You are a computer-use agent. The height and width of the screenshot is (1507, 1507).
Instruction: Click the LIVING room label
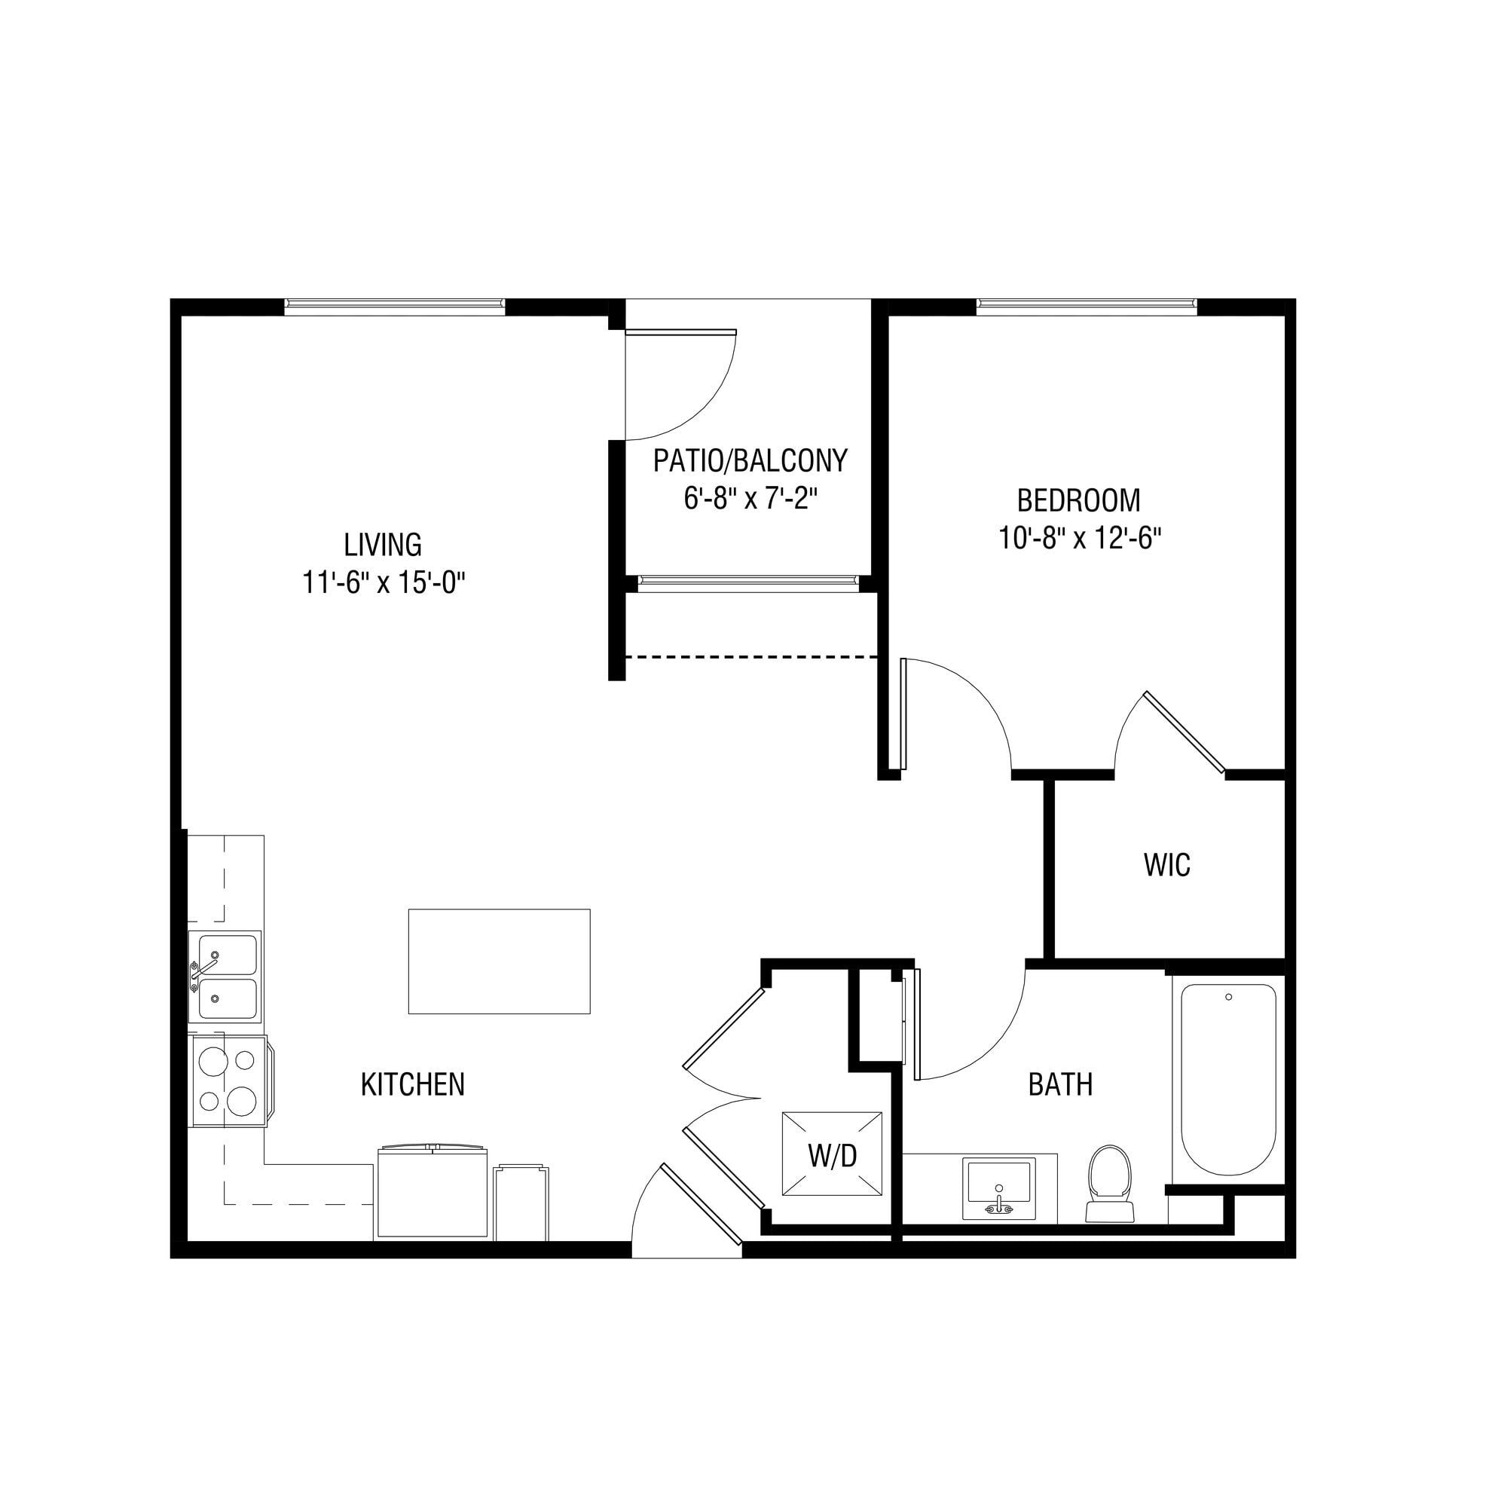click(383, 544)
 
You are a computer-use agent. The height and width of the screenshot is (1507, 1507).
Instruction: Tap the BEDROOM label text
click(1079, 500)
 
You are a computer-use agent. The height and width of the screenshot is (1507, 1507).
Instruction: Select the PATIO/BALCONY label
click(750, 461)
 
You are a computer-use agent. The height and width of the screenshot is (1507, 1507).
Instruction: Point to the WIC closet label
click(1167, 865)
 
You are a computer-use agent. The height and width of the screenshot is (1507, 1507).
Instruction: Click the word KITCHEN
click(413, 1084)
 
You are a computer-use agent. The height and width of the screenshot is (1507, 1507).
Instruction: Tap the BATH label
click(1060, 1084)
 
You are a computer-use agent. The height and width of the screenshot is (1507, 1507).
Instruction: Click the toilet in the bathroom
click(1109, 1182)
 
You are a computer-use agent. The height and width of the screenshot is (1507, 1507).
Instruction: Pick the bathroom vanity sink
click(999, 1189)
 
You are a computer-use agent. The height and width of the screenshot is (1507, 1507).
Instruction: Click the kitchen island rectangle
click(500, 961)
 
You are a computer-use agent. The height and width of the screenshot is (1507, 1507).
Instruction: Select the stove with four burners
click(231, 1081)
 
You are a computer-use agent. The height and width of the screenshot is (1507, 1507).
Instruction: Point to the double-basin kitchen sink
click(225, 977)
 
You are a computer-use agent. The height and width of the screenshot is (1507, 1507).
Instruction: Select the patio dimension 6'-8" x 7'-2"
click(750, 500)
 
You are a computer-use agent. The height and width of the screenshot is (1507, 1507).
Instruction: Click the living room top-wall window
click(395, 307)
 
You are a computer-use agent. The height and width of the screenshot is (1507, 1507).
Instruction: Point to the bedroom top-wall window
click(1087, 307)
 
